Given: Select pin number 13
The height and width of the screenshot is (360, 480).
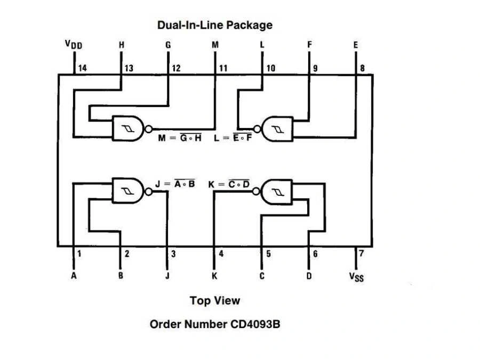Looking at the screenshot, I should (x=129, y=68).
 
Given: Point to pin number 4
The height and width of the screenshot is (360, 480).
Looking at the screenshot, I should (x=221, y=254).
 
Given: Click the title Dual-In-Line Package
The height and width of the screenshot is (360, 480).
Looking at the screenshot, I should (x=214, y=25).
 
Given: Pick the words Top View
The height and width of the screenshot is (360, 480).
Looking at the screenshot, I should (x=215, y=301).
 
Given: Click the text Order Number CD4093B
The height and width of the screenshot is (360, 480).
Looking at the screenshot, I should (x=214, y=324).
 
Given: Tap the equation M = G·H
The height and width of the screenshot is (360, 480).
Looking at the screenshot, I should (x=180, y=139).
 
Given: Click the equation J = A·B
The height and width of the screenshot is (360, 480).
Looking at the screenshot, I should (x=175, y=184).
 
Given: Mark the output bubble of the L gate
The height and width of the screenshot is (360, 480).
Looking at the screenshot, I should (x=258, y=129).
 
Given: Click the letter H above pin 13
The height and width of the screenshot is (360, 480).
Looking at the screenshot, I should (x=122, y=45).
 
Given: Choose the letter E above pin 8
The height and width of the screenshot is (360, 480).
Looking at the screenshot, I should (x=356, y=45).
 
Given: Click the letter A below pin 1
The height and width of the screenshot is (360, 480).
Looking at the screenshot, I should (x=74, y=276).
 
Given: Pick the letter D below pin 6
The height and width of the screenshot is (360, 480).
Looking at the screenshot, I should (x=309, y=276).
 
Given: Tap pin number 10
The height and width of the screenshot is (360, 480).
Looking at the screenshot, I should (x=270, y=68).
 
